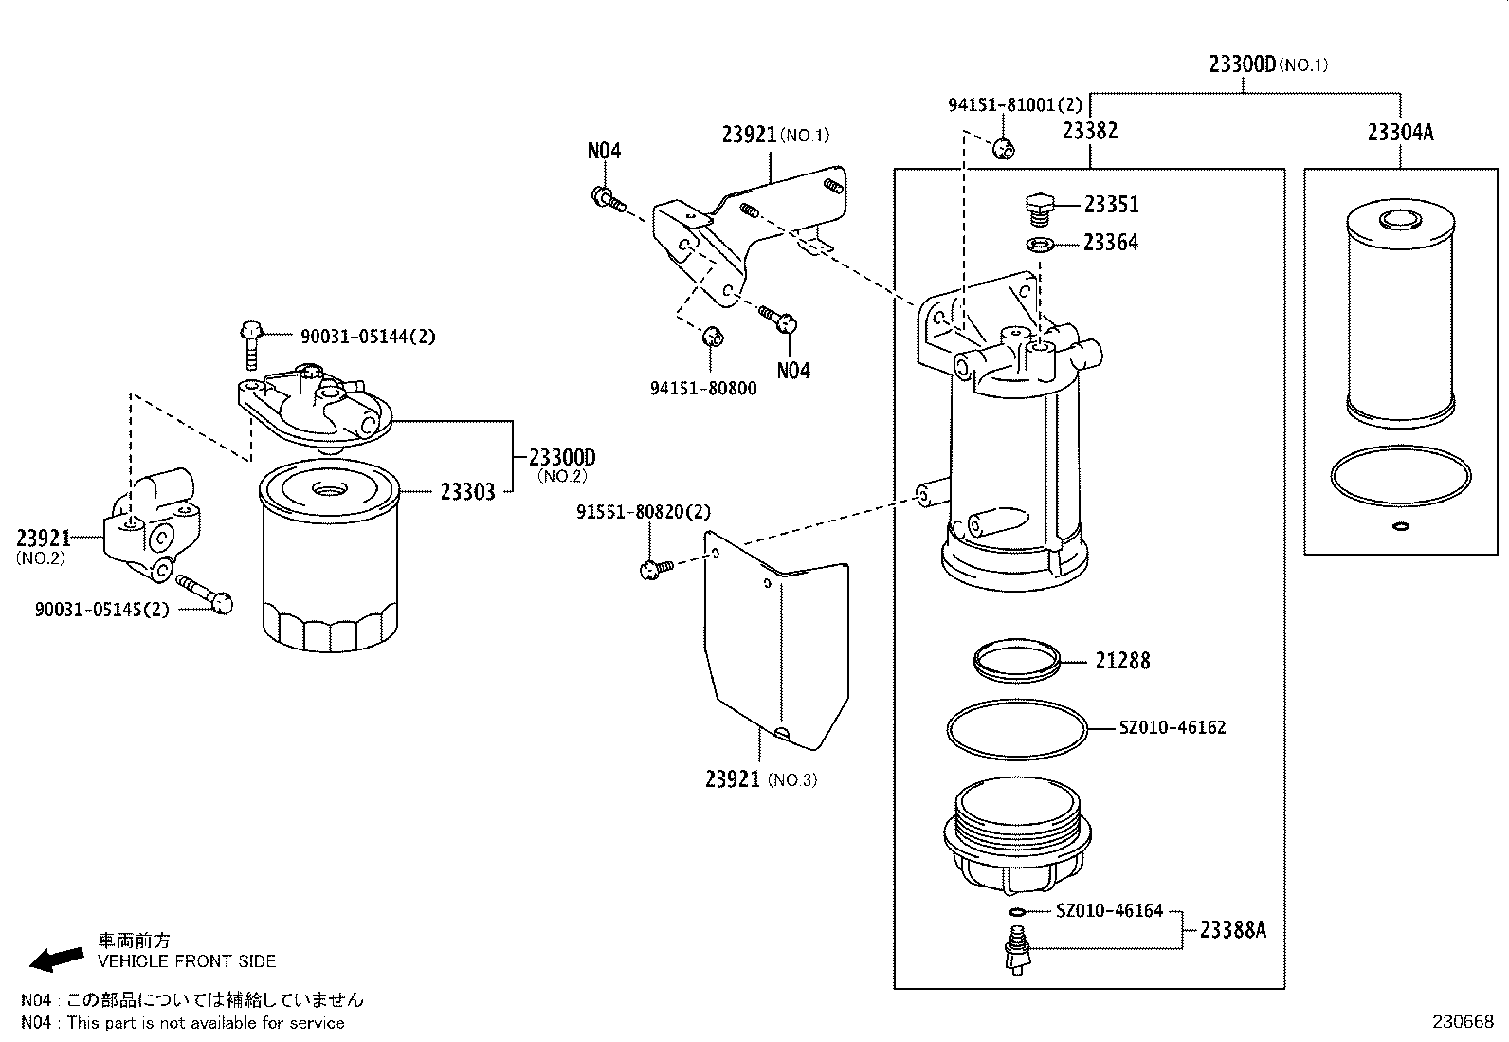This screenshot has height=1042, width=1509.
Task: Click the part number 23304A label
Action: pyautogui.click(x=1400, y=132)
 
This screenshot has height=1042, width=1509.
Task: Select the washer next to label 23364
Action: pyautogui.click(x=1042, y=246)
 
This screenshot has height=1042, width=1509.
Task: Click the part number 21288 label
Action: pyautogui.click(x=1122, y=660)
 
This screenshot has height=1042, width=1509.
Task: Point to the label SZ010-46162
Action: pyautogui.click(x=1172, y=727)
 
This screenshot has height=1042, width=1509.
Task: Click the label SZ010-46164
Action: pyautogui.click(x=1109, y=911)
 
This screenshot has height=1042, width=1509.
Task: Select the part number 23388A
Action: pyautogui.click(x=1232, y=929)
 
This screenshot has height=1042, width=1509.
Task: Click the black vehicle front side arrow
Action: pyautogui.click(x=56, y=959)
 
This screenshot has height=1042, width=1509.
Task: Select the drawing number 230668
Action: pyautogui.click(x=1463, y=1022)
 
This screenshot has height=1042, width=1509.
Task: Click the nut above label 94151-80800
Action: pyautogui.click(x=713, y=337)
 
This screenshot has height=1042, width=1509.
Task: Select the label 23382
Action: pyautogui.click(x=1089, y=131)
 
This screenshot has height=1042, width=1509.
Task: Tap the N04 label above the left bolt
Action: pyautogui.click(x=604, y=150)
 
